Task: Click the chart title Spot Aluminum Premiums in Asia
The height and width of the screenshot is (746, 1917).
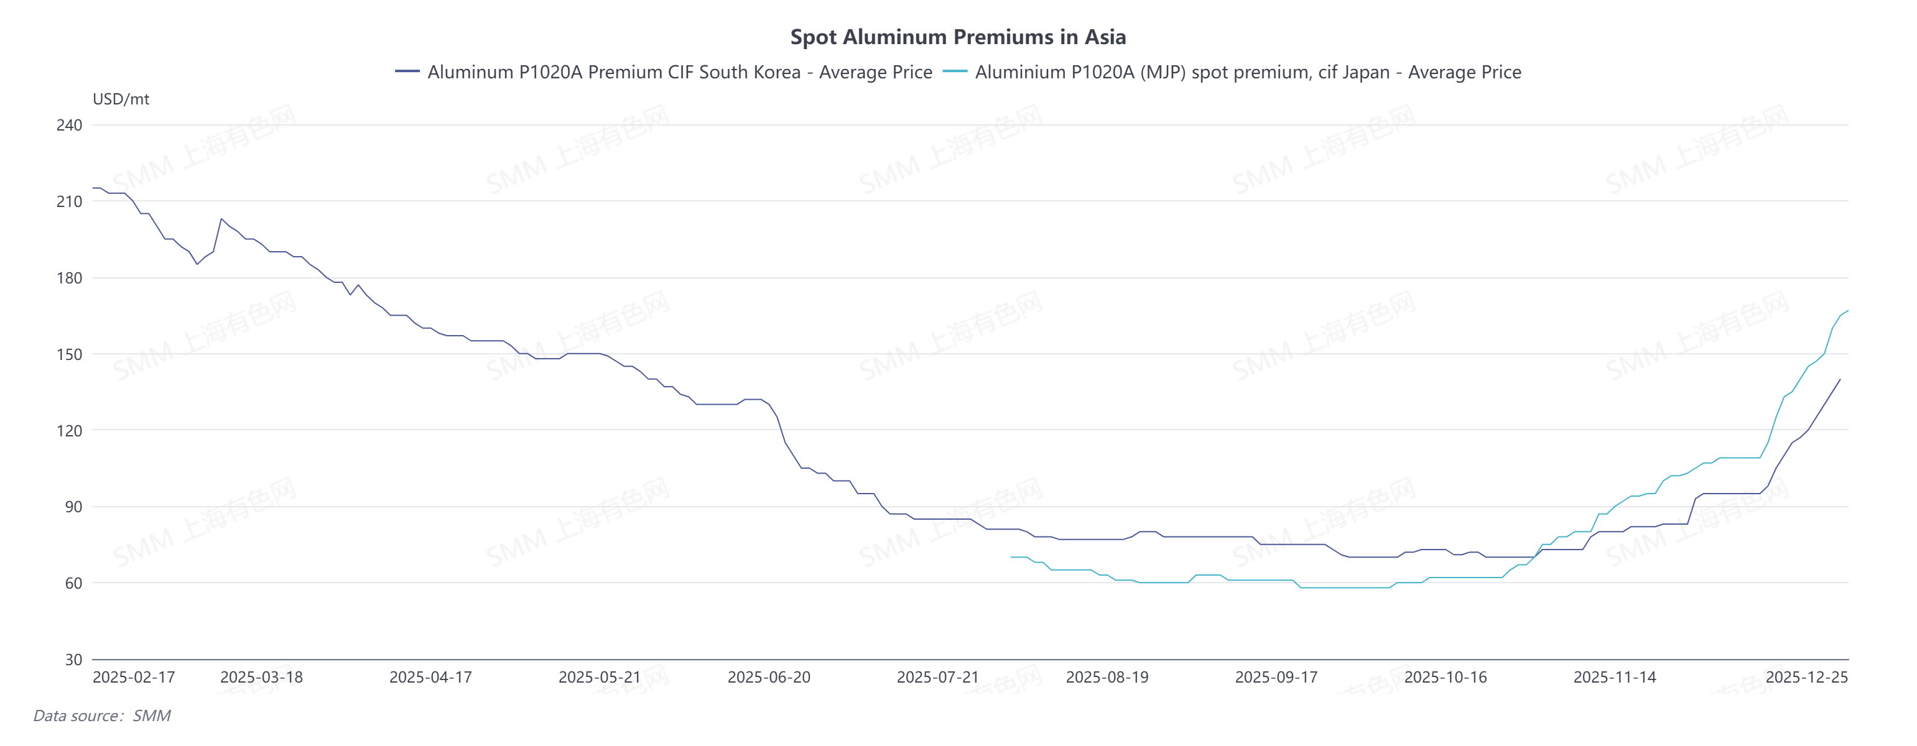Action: tap(958, 37)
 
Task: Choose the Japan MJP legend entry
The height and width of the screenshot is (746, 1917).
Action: tap(1232, 72)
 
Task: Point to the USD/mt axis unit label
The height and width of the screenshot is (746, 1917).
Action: tap(121, 99)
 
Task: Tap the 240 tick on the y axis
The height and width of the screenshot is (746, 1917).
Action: tap(69, 125)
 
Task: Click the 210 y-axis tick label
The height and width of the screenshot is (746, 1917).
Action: tap(69, 201)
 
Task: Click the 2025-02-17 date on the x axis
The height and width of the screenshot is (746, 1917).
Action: tap(134, 678)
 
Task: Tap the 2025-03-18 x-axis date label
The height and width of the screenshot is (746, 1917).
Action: tap(261, 678)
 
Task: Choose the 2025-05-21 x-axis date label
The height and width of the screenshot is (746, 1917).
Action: tap(599, 678)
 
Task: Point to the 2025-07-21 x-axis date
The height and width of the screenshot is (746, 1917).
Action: tap(938, 678)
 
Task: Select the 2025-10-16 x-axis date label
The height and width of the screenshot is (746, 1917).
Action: tap(1445, 678)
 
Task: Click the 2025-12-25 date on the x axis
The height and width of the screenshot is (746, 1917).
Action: tap(1806, 678)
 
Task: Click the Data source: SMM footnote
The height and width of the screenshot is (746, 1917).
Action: tap(102, 716)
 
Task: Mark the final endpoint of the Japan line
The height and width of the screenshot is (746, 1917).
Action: tap(1848, 311)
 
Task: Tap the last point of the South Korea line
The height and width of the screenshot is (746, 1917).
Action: tap(1840, 379)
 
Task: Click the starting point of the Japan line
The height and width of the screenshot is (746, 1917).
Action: tap(1011, 557)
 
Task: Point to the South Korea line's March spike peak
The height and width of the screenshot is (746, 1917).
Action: tap(221, 219)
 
